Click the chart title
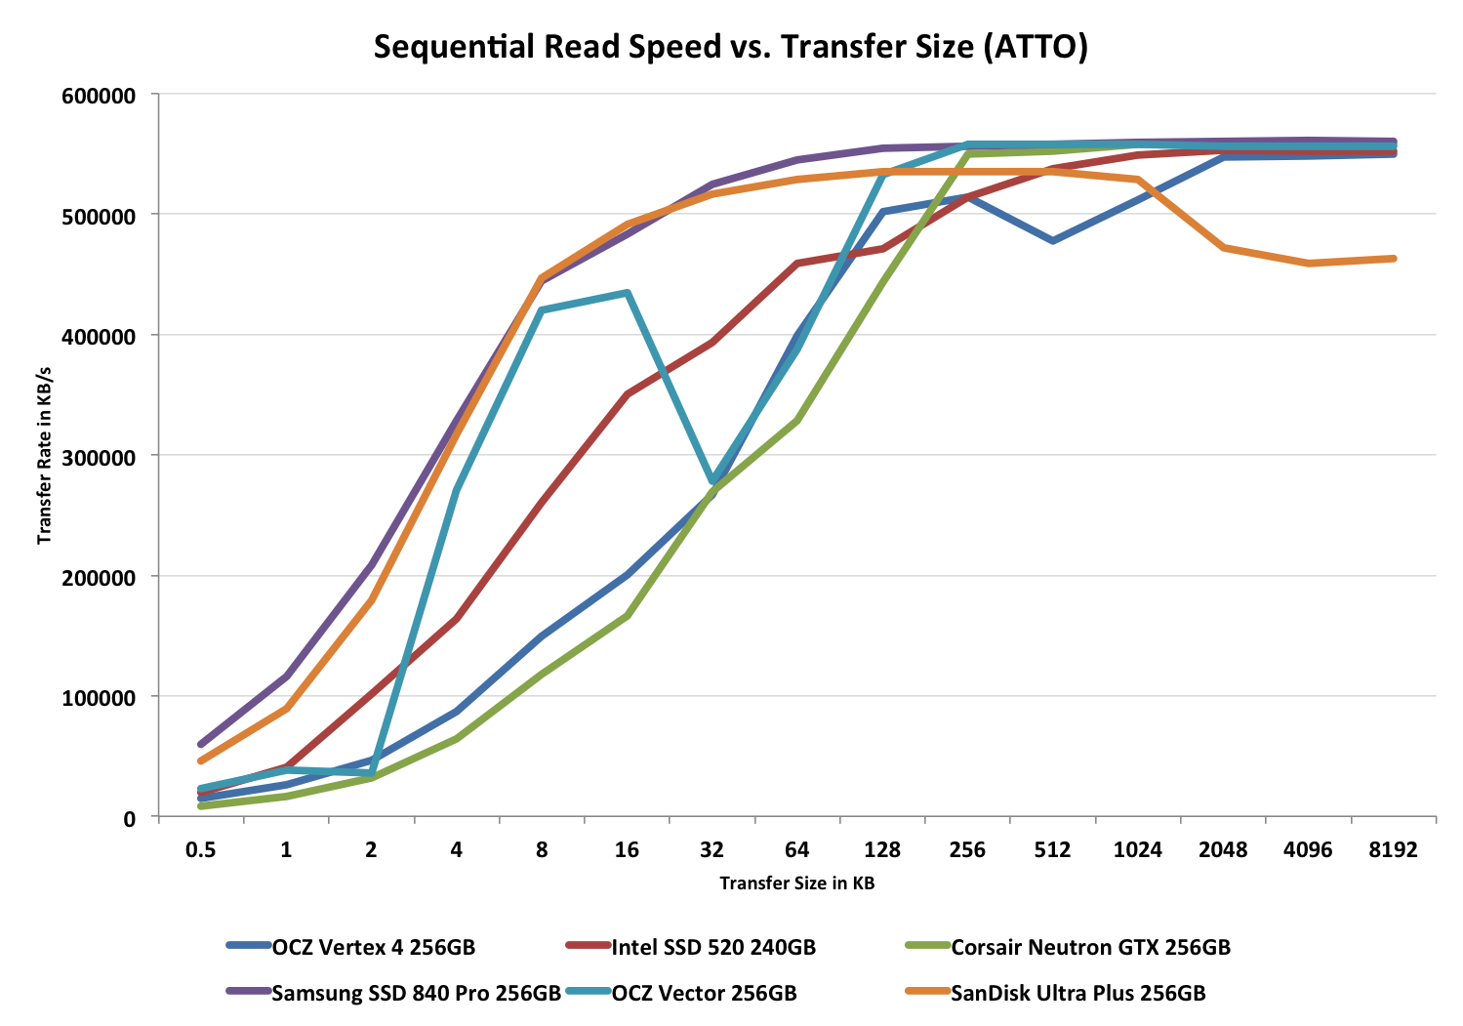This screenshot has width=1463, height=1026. click(730, 47)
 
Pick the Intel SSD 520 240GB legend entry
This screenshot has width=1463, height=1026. click(712, 947)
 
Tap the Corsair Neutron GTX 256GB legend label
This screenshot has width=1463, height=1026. click(1090, 947)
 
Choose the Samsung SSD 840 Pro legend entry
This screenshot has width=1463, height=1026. click(416, 994)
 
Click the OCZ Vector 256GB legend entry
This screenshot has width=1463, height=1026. click(704, 994)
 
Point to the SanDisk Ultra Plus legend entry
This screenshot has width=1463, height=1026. click(1077, 994)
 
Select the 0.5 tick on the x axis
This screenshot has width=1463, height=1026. click(201, 849)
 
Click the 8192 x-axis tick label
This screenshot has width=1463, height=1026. click(1393, 849)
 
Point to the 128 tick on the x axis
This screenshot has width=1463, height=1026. click(882, 849)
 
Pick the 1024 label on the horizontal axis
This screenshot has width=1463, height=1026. click(1138, 849)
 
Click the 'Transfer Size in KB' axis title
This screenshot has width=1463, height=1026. click(796, 883)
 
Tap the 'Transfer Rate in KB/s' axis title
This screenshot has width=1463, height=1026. click(45, 456)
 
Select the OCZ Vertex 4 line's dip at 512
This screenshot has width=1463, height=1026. click(1053, 240)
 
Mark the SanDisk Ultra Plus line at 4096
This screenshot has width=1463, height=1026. click(1308, 263)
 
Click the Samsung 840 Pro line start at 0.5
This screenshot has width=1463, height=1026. click(201, 744)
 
